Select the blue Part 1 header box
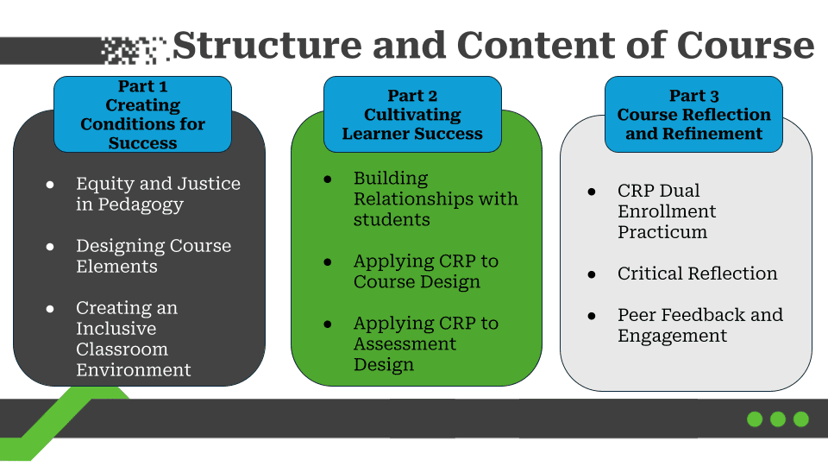[x=143, y=115]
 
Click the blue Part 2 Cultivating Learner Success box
[x=412, y=115]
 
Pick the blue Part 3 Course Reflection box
[x=693, y=115]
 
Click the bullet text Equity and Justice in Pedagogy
[x=158, y=194]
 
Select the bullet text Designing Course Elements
[x=154, y=256]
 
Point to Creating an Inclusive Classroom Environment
[x=134, y=339]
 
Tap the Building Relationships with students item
[x=436, y=199]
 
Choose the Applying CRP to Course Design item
[x=425, y=272]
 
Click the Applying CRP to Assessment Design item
[x=425, y=344]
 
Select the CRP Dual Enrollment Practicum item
[x=667, y=211]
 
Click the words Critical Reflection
[x=697, y=274]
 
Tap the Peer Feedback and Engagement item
[x=699, y=325]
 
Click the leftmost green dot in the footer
[x=755, y=419]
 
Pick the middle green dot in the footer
[x=778, y=419]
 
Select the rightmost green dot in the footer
[x=801, y=419]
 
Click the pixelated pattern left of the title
[x=134, y=49]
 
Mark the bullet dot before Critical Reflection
[x=592, y=274]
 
